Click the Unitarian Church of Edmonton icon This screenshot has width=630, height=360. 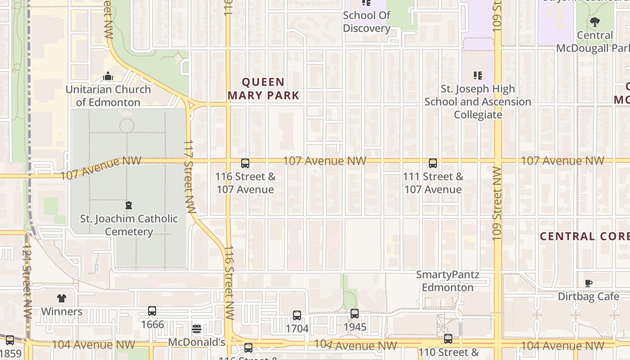click(108, 76)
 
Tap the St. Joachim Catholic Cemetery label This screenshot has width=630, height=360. click(129, 225)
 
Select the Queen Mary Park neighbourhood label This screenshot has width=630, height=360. click(263, 89)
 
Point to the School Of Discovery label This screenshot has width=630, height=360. click(366, 22)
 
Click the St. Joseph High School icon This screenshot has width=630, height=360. click(477, 76)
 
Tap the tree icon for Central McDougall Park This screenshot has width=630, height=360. click(594, 22)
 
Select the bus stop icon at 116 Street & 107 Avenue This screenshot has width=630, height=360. click(245, 163)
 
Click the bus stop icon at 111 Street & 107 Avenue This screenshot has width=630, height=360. click(433, 163)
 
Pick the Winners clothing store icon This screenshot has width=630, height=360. click(62, 298)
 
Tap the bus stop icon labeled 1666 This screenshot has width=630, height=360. click(152, 311)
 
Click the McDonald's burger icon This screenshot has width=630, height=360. click(196, 329)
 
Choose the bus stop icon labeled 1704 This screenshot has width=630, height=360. click(297, 315)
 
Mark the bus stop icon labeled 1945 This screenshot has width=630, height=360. click(355, 314)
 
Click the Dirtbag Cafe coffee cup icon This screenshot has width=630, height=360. click(588, 283)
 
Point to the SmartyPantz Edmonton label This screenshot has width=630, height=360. click(447, 281)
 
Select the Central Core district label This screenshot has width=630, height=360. click(584, 236)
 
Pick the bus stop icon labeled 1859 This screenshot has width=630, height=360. click(10, 340)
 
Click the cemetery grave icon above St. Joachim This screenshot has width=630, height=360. click(129, 206)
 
